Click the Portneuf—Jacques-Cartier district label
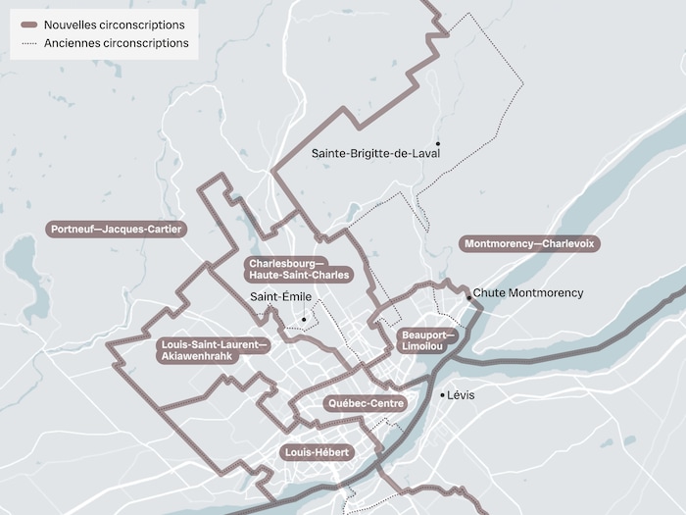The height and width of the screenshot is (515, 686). point(116,229)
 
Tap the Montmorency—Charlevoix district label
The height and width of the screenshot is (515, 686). point(529,243)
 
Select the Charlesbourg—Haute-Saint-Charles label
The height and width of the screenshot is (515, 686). point(298,270)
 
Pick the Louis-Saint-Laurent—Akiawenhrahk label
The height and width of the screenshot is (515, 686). point(212,350)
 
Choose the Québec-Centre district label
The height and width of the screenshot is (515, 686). point(365,403)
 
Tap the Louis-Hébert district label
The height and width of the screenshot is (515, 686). point(316,452)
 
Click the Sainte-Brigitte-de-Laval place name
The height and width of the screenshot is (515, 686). point(375,153)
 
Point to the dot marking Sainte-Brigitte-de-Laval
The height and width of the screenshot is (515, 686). point(438,143)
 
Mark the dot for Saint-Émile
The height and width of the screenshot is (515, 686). point(304,319)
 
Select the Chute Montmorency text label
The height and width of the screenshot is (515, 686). point(528,292)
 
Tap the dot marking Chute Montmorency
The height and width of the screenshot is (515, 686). point(469,297)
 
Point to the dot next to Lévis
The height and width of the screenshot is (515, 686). point(442,394)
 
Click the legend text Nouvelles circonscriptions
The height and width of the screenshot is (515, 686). point(115,25)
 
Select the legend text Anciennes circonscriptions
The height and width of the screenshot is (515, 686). point(117,43)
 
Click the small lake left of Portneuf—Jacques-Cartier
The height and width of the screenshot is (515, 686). point(20,261)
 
